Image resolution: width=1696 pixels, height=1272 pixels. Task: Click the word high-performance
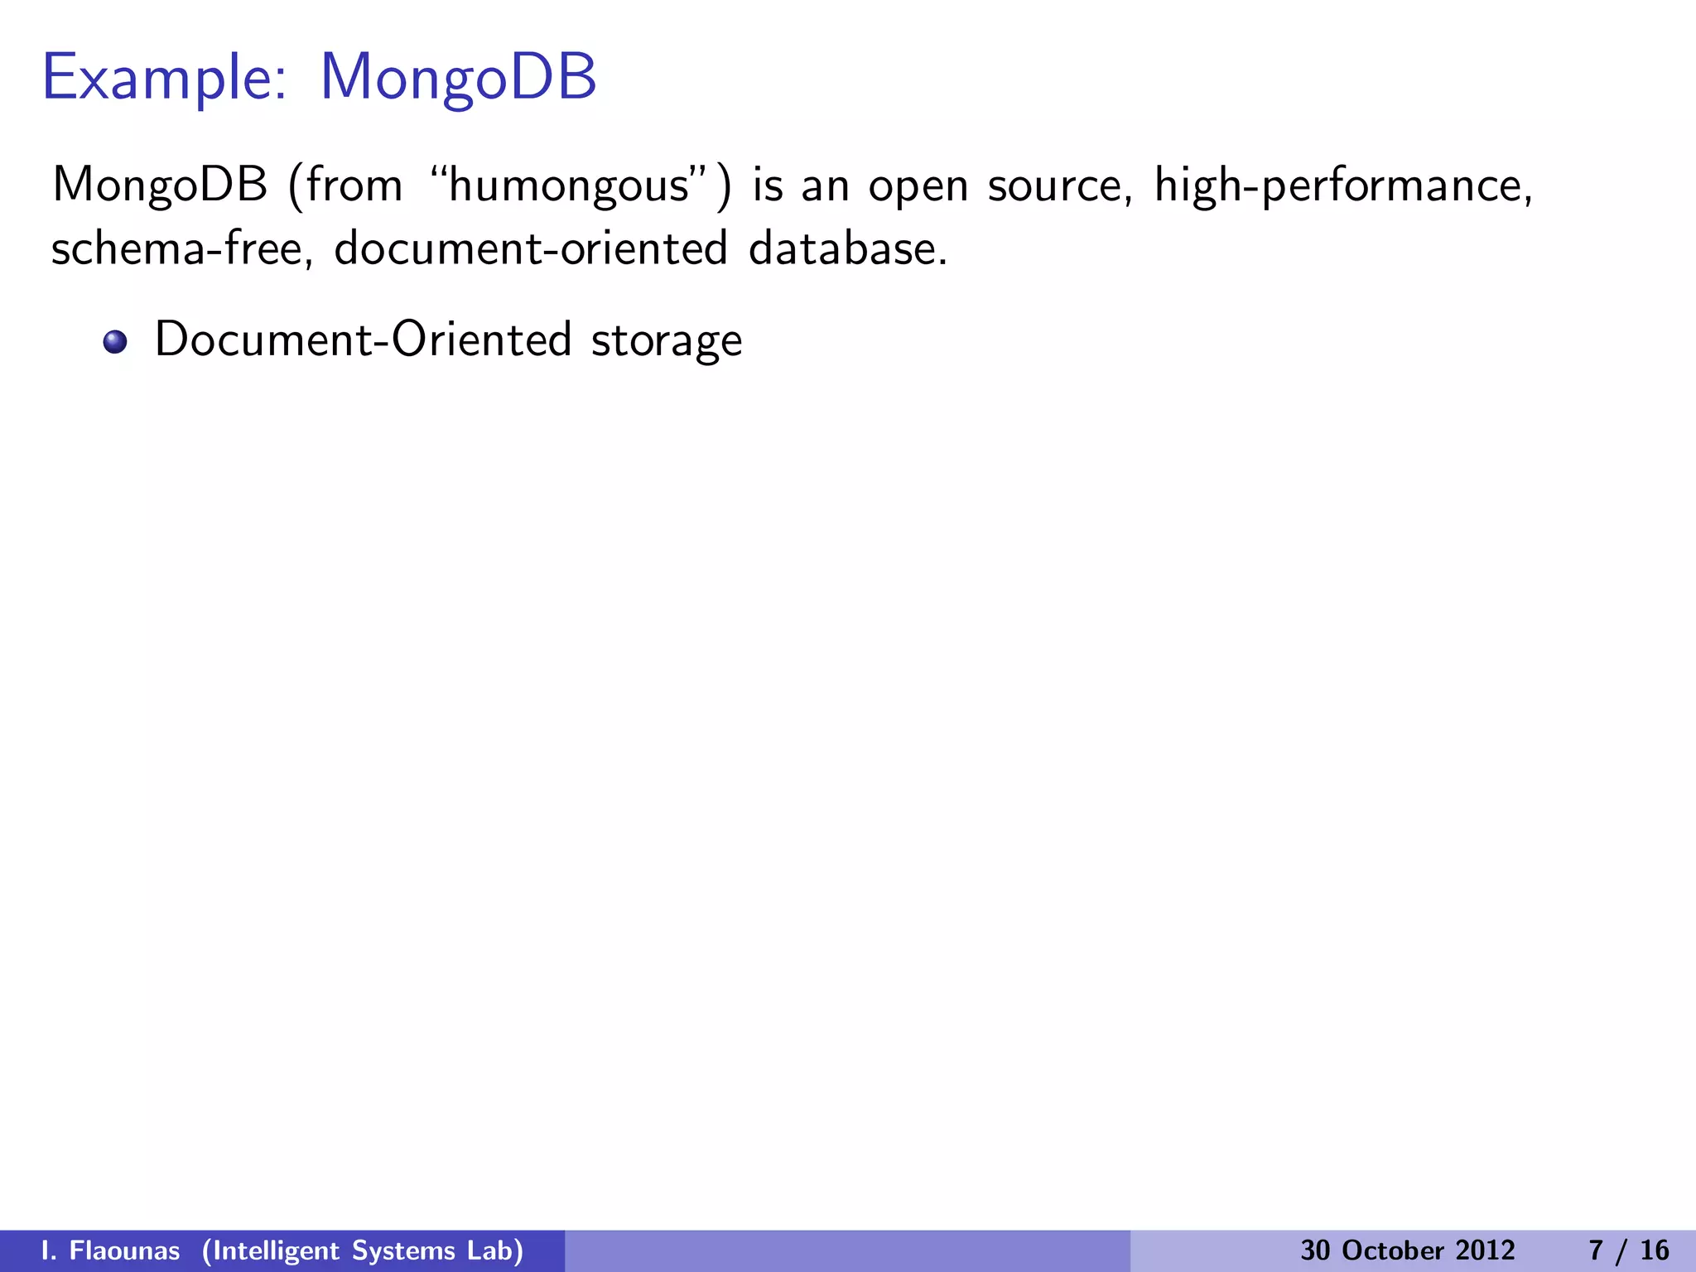click(1342, 185)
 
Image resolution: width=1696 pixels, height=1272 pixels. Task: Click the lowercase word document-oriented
click(530, 248)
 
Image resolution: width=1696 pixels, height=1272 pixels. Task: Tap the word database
click(847, 248)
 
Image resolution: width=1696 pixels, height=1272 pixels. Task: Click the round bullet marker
click(115, 342)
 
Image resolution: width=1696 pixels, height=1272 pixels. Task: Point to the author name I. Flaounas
click(110, 1250)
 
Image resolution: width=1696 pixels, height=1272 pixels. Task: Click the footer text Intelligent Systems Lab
click(363, 1250)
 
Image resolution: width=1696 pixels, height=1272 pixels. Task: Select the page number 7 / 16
click(1629, 1250)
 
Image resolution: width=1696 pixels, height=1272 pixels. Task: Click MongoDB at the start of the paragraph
click(160, 185)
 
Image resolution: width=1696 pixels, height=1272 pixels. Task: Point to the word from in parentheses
click(354, 185)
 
